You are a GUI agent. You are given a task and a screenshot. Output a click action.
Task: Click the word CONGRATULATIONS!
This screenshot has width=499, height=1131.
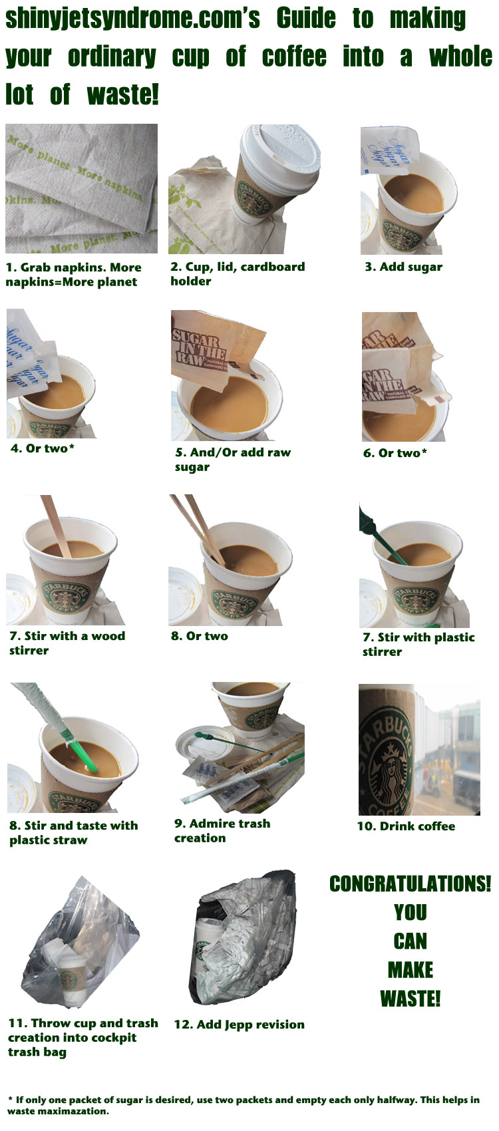410,884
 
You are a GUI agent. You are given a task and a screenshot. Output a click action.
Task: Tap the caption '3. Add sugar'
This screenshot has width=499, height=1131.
403,267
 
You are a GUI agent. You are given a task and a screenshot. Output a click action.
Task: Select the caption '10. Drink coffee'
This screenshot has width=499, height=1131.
406,826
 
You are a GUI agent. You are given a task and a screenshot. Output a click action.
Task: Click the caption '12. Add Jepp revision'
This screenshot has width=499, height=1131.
239,1025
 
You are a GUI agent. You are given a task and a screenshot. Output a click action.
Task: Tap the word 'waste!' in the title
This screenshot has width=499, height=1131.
122,94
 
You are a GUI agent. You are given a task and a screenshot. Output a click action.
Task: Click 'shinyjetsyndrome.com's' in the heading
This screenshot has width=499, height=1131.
132,19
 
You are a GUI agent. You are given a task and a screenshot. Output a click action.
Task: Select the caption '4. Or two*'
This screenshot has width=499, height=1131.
43,448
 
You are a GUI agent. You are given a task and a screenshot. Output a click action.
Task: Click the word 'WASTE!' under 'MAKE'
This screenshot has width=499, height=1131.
410,999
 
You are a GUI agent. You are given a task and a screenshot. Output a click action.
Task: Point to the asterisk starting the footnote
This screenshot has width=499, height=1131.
10,1099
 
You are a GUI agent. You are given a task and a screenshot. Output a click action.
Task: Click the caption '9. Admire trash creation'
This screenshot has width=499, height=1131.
222,830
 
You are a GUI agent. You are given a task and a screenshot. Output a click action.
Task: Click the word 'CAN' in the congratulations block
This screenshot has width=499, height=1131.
410,941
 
